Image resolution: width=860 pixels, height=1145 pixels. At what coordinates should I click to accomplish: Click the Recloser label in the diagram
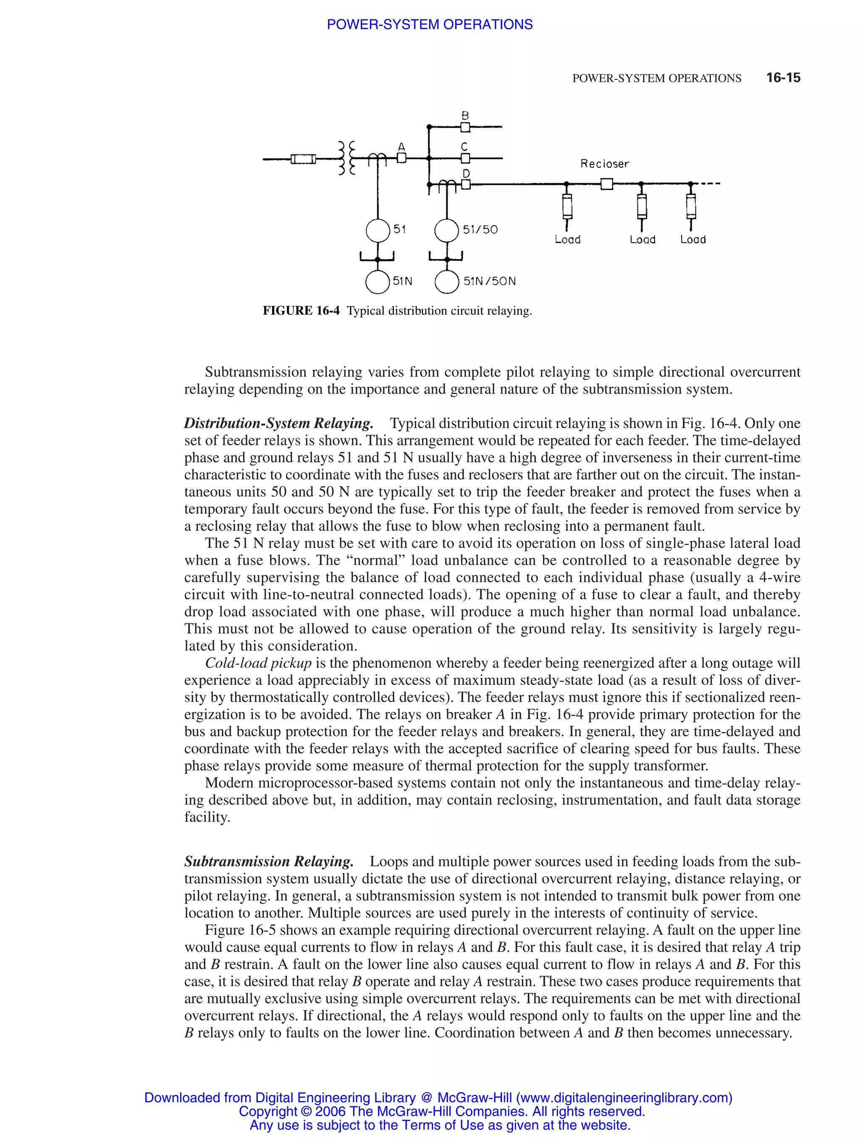pyautogui.click(x=604, y=164)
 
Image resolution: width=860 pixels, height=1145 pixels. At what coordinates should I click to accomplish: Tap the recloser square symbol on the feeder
pyautogui.click(x=606, y=184)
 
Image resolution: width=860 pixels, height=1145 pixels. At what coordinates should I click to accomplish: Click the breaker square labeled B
pyautogui.click(x=465, y=127)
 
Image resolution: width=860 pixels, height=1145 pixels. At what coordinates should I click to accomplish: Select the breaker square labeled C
pyautogui.click(x=465, y=158)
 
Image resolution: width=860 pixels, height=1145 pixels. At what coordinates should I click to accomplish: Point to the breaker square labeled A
pyautogui.click(x=401, y=158)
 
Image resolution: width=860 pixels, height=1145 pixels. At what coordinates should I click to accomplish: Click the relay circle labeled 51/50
pyautogui.click(x=446, y=230)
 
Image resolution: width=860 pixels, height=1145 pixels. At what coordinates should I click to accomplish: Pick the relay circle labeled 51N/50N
pyautogui.click(x=446, y=282)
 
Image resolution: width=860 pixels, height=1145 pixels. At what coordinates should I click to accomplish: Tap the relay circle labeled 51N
pyautogui.click(x=378, y=282)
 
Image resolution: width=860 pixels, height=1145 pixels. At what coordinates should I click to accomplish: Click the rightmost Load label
pyautogui.click(x=693, y=240)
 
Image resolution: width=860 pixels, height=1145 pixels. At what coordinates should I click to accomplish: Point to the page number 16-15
pyautogui.click(x=783, y=78)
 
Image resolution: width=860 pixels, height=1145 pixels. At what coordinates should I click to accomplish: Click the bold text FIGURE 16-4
pyautogui.click(x=301, y=311)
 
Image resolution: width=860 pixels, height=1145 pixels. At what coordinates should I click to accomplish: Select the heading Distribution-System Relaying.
pyautogui.click(x=278, y=423)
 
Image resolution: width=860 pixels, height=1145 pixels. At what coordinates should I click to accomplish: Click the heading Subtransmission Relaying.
pyautogui.click(x=269, y=861)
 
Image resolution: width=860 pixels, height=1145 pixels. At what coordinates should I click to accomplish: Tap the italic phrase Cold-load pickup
pyautogui.click(x=258, y=663)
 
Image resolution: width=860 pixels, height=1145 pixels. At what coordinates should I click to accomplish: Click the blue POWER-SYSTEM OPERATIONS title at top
pyautogui.click(x=429, y=24)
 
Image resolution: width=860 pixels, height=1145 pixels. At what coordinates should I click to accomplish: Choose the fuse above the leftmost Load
pyautogui.click(x=567, y=207)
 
